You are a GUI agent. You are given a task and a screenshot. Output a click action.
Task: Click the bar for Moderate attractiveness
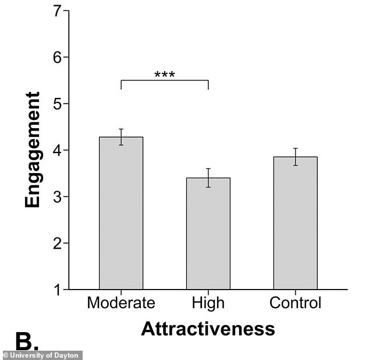pos(121,213)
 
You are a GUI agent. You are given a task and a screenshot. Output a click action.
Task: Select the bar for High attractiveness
pos(208,234)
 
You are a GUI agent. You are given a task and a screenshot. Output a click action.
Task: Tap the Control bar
pos(295,223)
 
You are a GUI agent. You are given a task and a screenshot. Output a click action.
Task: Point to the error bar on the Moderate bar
pos(121,137)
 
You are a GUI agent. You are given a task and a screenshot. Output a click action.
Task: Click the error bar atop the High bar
pos(208,178)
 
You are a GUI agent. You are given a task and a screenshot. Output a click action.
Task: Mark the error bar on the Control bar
pos(295,157)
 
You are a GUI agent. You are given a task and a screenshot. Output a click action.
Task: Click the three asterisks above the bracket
pos(165,75)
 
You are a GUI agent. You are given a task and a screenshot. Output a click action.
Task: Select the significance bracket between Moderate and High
pos(165,81)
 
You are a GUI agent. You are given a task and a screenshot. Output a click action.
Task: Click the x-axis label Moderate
pos(121,303)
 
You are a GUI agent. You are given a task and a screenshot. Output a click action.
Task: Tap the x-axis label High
pos(208,303)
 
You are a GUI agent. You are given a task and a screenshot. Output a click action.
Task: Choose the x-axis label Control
pos(295,303)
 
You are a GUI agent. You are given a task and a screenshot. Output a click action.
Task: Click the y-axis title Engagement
pos(33,150)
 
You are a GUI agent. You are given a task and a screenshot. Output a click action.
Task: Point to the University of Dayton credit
pos(41,355)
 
